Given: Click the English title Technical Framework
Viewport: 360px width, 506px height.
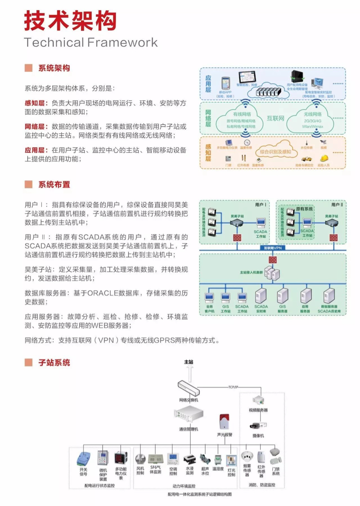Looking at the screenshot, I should (x=91, y=43).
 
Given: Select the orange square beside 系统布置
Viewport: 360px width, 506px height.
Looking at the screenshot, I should (x=29, y=184).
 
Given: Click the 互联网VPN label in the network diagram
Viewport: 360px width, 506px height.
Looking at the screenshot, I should (x=272, y=248).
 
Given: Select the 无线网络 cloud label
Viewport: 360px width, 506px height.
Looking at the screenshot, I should (x=313, y=114).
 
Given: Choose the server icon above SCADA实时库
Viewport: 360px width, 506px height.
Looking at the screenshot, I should (x=261, y=296).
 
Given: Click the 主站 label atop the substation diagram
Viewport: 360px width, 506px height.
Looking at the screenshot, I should (x=188, y=362).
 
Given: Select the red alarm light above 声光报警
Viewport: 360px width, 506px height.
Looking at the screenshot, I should (x=224, y=422).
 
